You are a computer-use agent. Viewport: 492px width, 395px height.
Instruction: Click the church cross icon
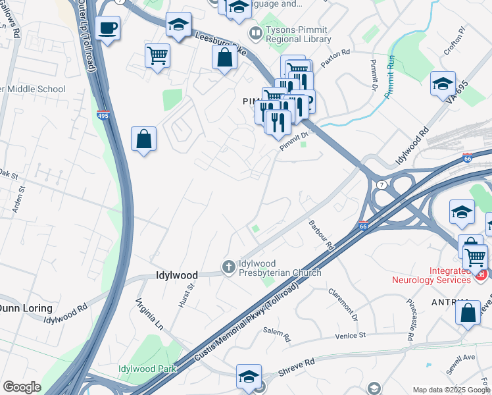point(229,267)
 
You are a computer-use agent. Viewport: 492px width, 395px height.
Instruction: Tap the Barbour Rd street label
point(322,235)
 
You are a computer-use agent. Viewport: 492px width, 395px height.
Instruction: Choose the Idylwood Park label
point(147,369)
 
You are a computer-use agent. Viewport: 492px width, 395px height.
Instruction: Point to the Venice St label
point(349,336)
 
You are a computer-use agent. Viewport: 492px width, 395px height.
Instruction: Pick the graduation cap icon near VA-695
point(443,84)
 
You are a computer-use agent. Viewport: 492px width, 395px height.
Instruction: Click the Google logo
point(22,387)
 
